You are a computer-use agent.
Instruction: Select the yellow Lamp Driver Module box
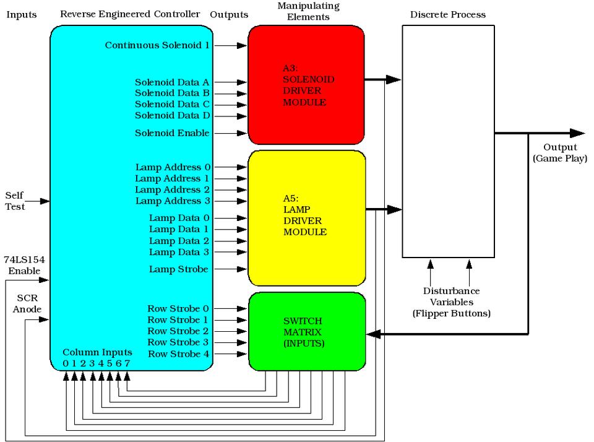point(306,217)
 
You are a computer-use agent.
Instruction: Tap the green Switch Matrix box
point(306,331)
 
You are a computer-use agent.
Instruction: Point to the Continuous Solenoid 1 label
point(157,45)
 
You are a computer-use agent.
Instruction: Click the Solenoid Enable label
point(172,133)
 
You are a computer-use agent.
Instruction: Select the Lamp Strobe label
point(179,269)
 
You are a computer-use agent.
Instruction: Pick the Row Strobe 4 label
point(178,354)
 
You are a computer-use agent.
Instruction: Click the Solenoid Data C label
point(172,104)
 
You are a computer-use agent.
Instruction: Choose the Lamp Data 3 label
point(179,251)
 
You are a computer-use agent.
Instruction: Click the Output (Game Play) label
point(560,152)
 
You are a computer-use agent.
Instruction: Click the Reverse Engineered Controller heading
point(130,14)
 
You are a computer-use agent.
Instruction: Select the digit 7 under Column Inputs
point(127,363)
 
